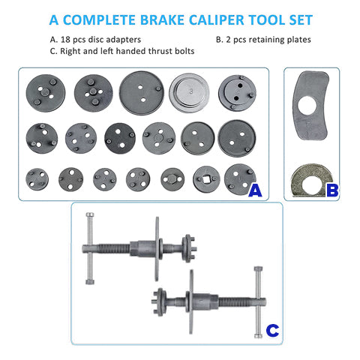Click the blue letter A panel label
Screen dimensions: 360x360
(x=255, y=191)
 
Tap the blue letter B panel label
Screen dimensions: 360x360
(x=331, y=191)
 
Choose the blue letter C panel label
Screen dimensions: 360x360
(x=272, y=328)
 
